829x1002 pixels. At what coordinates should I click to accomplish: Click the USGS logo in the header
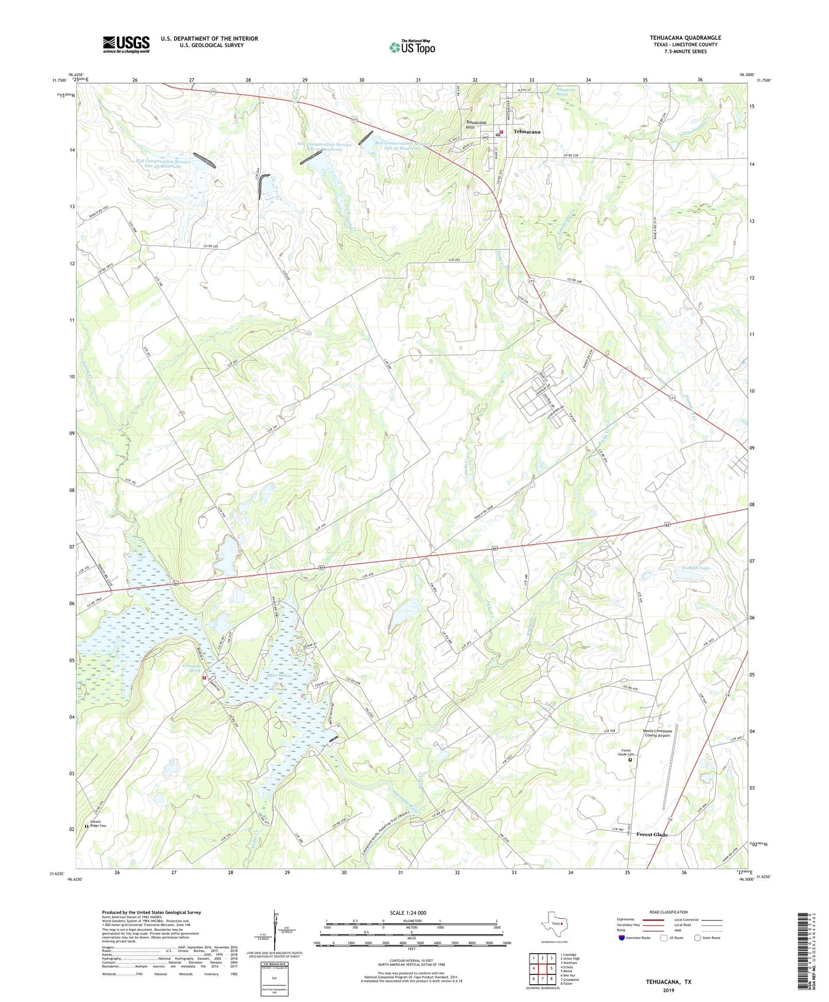[126, 44]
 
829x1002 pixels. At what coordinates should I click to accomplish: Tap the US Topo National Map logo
[411, 47]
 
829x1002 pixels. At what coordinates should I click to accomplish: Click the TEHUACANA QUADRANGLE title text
[685, 38]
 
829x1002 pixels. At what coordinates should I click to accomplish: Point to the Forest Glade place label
[652, 834]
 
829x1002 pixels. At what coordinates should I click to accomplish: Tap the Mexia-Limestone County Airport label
[657, 733]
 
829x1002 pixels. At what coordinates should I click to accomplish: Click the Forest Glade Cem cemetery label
[626, 753]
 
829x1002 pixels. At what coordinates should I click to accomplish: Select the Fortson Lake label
[695, 568]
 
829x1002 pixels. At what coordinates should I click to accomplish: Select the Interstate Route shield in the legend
[622, 938]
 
